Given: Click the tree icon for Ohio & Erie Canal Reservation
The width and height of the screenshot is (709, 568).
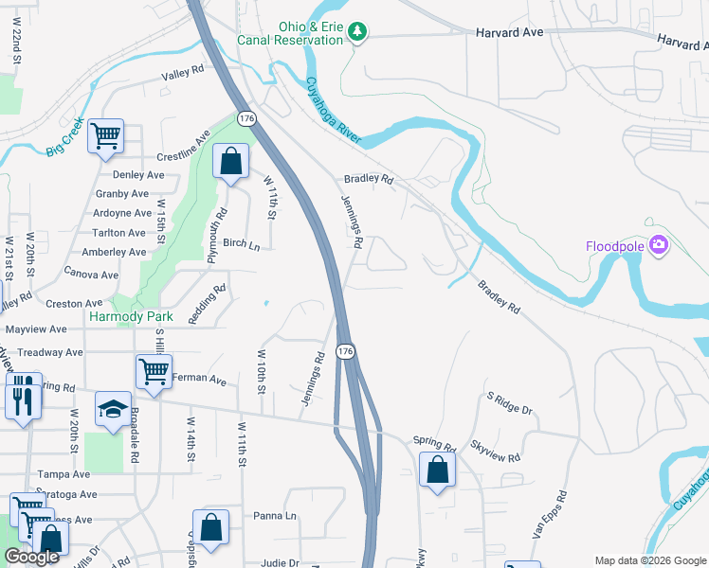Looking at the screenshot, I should tap(357, 32).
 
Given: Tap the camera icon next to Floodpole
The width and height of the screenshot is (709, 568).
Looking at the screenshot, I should tap(659, 246).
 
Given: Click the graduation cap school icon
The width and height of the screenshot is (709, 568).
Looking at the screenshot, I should tap(113, 409).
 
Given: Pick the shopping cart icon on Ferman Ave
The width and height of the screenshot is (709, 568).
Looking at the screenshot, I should tap(154, 371).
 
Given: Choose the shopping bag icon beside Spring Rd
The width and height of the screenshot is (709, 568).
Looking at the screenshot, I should tap(437, 470).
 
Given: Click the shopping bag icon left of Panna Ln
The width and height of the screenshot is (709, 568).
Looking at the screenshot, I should tap(210, 527).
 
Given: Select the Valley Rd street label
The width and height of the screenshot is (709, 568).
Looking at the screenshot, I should tap(183, 71).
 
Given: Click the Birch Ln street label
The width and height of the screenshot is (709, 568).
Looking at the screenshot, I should tap(241, 243).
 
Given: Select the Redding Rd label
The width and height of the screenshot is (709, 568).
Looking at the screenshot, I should tap(208, 305).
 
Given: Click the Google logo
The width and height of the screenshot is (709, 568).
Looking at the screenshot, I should tap(31, 558).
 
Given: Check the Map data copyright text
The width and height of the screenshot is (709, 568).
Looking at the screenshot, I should tap(649, 560).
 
